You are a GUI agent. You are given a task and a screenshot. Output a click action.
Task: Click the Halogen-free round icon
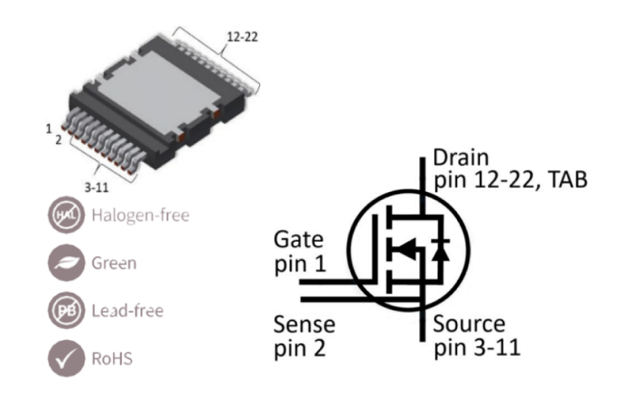pos(66,215)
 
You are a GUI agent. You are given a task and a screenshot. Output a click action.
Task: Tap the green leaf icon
pos(66,262)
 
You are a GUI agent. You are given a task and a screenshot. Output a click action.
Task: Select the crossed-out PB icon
pos(66,310)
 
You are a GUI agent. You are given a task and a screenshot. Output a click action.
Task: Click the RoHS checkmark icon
pos(66,358)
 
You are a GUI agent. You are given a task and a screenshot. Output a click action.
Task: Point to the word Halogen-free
pos(140,215)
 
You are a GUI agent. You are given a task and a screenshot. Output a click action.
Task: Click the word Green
pos(115,263)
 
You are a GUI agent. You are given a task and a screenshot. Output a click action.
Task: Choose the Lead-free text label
pos(128,311)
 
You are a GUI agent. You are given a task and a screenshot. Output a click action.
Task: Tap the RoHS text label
pos(112,359)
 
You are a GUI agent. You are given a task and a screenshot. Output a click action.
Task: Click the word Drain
pos(460,157)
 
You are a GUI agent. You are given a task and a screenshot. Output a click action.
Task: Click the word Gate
pos(298,240)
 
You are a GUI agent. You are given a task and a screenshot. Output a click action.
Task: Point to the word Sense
pos(304,324)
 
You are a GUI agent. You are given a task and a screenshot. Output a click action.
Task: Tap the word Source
pos(469,324)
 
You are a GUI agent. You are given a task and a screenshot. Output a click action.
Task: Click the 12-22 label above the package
pos(242,37)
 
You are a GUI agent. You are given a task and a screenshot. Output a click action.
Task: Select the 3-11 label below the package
pos(97,187)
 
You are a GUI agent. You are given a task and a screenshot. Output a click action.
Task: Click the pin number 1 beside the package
pos(49,129)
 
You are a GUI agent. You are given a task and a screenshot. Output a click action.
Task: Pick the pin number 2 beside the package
pos(58,140)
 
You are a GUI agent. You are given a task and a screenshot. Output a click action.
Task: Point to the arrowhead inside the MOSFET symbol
pos(406,249)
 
